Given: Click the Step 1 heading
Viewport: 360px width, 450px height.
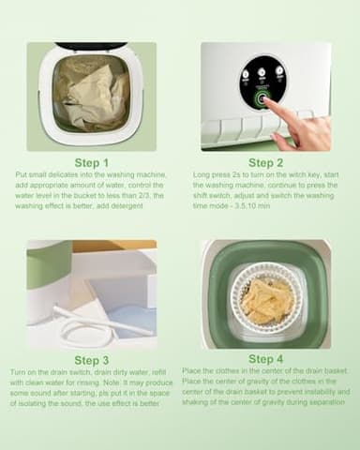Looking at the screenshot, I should tap(92, 162).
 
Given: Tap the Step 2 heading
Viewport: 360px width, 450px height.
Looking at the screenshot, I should tap(266, 162).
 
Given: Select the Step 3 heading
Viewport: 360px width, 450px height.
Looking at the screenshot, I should tap(92, 360).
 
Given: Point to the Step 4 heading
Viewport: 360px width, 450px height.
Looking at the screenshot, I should tap(266, 358).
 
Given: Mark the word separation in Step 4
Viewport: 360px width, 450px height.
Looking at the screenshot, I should tap(305, 402).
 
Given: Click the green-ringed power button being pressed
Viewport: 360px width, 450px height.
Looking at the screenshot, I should tap(262, 98).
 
